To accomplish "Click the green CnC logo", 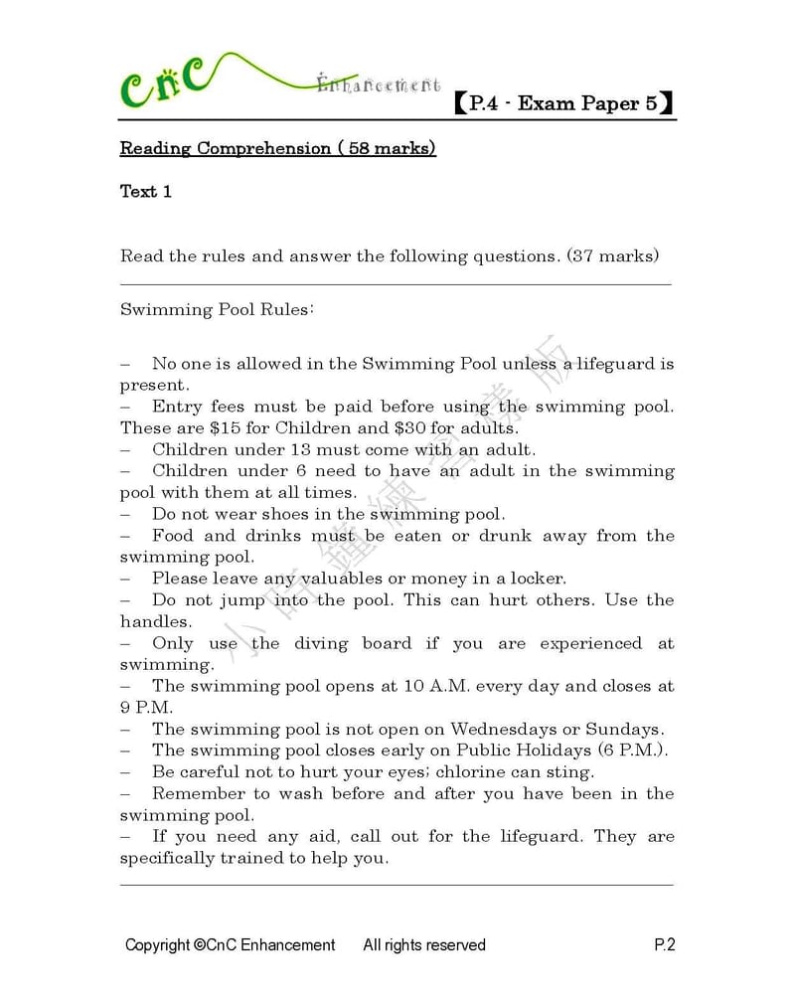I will coord(165,84).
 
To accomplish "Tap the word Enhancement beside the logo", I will coord(379,85).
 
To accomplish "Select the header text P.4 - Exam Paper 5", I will coord(563,103).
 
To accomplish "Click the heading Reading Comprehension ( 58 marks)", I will coord(277,149).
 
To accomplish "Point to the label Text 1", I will coord(146,192).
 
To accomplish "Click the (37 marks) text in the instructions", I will coord(612,256).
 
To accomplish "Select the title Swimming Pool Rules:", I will coord(217,309).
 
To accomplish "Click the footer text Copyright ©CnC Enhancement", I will coord(230,945).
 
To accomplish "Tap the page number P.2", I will coord(664,945).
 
